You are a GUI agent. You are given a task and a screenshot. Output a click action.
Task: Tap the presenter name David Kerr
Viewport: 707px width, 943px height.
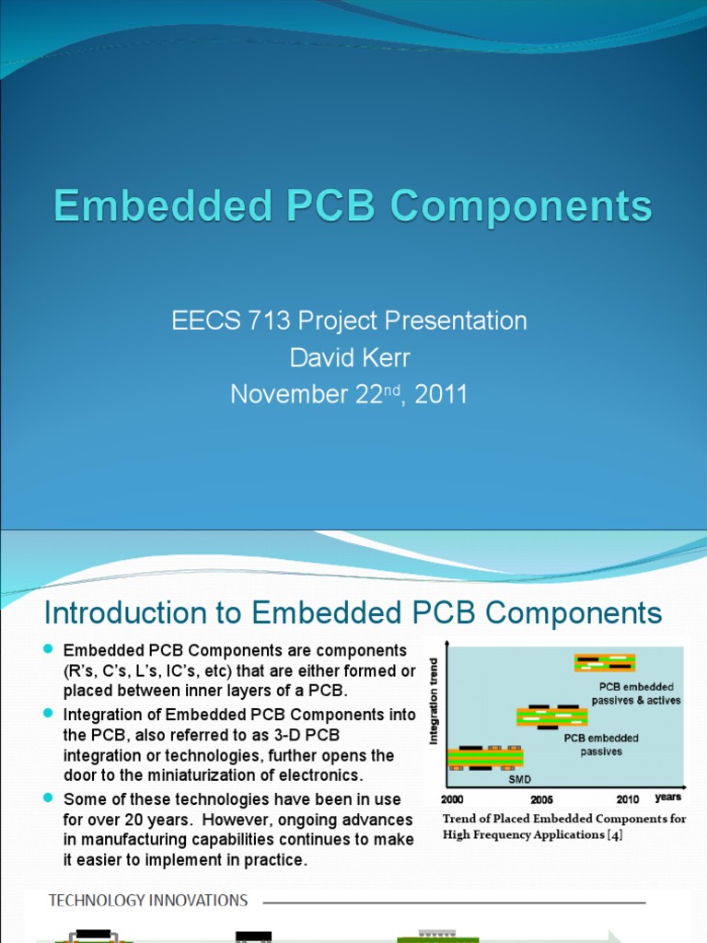[349, 357]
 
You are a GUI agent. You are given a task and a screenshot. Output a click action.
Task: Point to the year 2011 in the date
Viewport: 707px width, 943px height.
[441, 394]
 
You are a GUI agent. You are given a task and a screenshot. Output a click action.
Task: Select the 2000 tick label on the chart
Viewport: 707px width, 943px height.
[453, 799]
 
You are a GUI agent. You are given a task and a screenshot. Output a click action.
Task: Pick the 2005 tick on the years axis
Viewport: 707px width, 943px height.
[541, 799]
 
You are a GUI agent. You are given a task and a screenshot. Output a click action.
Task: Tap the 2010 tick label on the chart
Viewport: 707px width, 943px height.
[628, 799]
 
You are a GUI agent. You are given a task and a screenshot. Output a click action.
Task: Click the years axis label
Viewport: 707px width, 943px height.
[668, 797]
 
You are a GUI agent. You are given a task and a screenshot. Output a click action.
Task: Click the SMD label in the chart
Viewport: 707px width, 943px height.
[520, 779]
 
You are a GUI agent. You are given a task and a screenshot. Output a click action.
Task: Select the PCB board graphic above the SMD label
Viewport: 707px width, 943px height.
[485, 757]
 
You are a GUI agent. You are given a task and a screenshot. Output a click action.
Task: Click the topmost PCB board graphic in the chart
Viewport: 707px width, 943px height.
[605, 662]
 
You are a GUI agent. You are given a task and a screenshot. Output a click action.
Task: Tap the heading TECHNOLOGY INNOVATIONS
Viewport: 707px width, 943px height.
[148, 900]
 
